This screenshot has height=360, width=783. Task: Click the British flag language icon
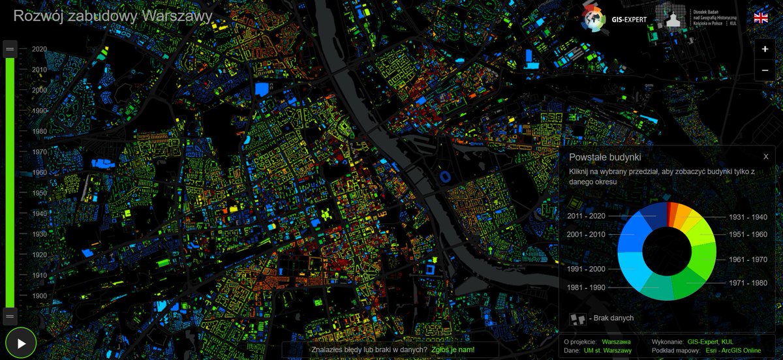[761, 18]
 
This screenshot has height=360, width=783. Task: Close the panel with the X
[765, 157]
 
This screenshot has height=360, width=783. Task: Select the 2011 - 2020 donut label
[587, 215]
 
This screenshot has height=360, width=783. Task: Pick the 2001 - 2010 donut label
[587, 234]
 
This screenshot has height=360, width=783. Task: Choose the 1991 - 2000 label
[587, 269]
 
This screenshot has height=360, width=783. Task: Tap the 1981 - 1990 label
[587, 287]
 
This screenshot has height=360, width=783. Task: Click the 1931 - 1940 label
[748, 217]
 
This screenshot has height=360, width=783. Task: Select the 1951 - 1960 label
[748, 234]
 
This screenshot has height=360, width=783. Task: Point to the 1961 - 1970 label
[748, 259]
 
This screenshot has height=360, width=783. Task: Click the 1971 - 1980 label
[748, 282]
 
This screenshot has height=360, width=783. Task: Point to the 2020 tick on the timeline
[40, 49]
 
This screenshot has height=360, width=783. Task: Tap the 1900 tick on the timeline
[40, 295]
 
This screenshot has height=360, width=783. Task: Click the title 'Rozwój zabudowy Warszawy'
[113, 16]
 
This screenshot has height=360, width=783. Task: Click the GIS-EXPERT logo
[614, 19]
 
